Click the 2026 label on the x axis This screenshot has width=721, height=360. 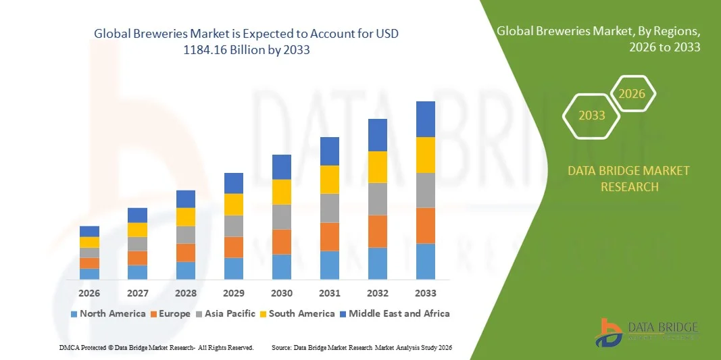coord(89,293)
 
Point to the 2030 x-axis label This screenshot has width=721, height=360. coord(282,293)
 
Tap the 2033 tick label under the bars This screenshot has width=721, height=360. coord(426,293)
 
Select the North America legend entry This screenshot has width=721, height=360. coord(108,313)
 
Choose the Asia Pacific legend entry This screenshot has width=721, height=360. coord(226,313)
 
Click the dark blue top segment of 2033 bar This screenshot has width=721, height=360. coord(426,119)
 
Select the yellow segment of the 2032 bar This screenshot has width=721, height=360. coord(378,167)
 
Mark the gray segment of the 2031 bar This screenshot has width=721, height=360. coord(330,208)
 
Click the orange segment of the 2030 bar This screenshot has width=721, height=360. coord(282,242)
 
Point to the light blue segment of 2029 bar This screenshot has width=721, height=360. coord(234,268)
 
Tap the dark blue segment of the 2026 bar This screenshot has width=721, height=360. coord(89,231)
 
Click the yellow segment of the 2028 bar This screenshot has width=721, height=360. coord(186,217)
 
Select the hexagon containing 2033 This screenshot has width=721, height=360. coord(592,115)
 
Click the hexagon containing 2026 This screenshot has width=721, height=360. coord(632,94)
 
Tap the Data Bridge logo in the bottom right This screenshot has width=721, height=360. coord(646,332)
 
